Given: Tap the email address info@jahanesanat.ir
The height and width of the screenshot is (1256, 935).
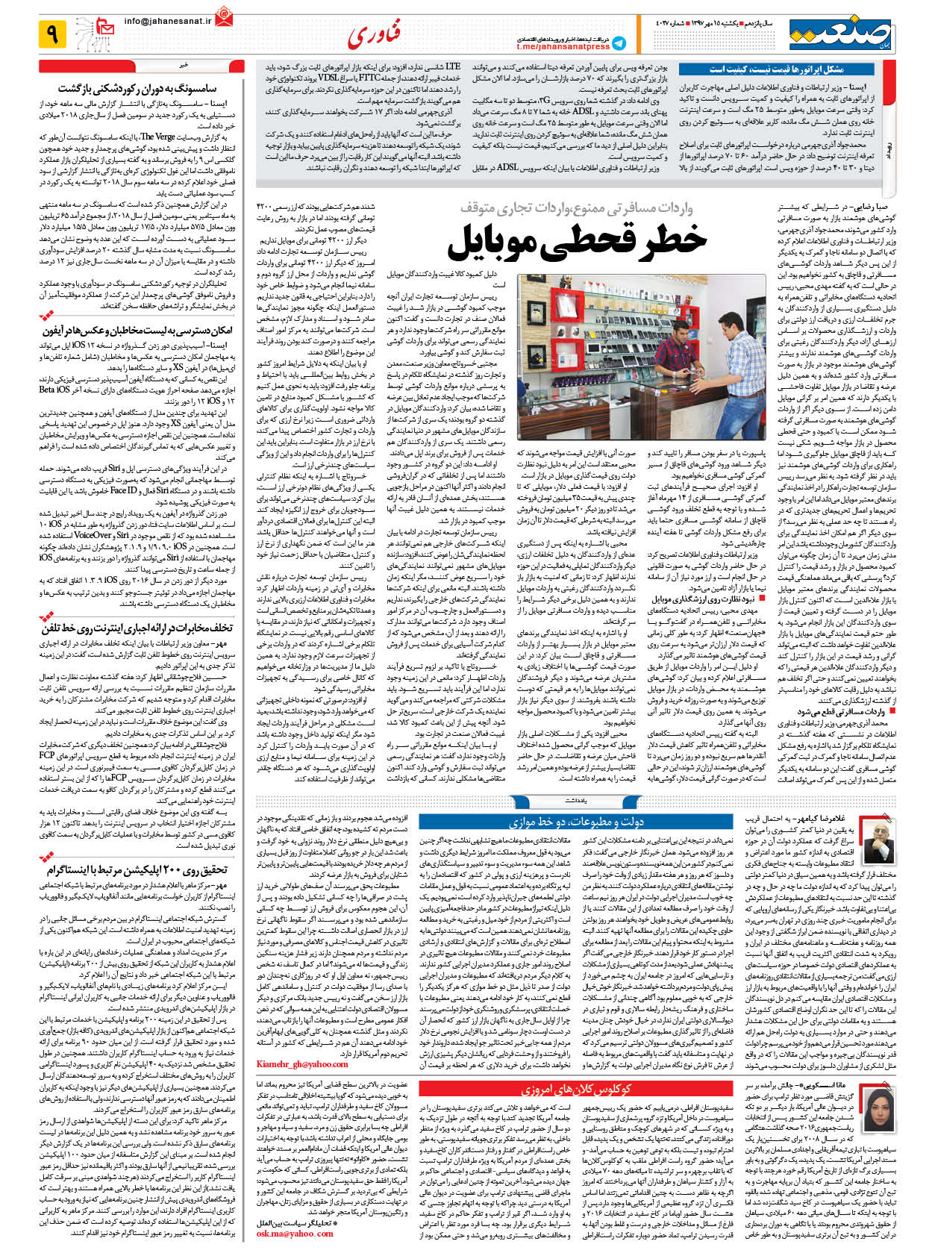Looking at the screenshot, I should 167,22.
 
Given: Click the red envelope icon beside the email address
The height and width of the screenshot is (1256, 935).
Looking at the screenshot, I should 223,14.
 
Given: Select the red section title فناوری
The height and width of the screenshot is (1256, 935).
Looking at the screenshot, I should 375,34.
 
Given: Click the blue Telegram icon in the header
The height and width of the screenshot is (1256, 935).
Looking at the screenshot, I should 619,43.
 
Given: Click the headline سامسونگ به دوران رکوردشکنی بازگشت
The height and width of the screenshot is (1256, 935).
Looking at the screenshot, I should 138,89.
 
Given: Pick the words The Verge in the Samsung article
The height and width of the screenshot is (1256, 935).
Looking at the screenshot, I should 157,137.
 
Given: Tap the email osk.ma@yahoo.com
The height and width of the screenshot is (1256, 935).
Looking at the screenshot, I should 295,1234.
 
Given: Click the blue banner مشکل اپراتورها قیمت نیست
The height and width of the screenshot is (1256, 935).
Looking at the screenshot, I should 776,69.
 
